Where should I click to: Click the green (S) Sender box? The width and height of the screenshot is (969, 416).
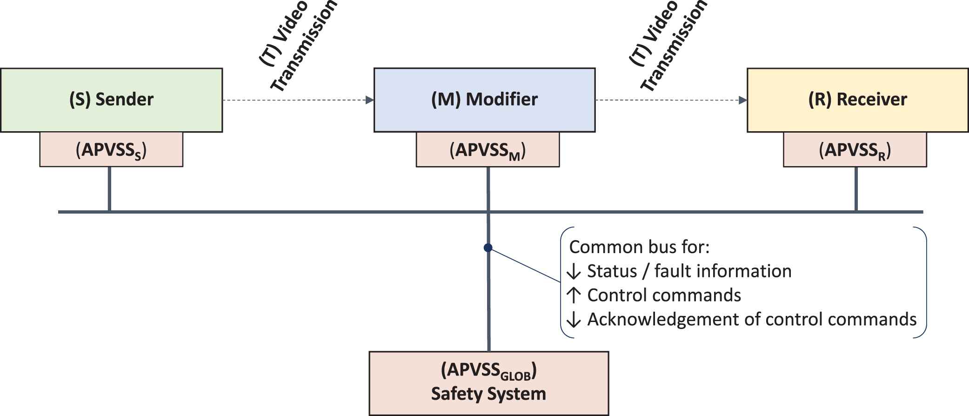(111, 100)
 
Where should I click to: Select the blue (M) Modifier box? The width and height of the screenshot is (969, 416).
(484, 100)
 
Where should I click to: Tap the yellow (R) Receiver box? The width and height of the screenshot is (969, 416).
(857, 100)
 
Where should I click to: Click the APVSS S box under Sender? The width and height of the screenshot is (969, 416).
(111, 150)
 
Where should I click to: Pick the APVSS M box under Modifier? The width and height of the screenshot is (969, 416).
(488, 150)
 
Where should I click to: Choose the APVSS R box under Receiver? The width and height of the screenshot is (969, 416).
(855, 150)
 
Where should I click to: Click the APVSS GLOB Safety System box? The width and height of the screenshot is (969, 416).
(488, 383)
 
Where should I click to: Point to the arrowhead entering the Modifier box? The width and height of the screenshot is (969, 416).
(370, 100)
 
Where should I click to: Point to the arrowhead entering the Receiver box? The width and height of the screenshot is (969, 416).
(743, 100)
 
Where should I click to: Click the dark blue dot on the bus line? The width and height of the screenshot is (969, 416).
(488, 248)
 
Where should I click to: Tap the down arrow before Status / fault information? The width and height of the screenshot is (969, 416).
(574, 272)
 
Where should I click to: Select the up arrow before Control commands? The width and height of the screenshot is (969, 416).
(574, 295)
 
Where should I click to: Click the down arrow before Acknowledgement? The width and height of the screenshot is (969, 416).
(574, 320)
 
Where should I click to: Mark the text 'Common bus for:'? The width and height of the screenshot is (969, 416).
(639, 247)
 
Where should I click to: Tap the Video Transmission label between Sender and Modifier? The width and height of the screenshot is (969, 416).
(298, 47)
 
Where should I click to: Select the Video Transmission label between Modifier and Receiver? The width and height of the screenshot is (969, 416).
(668, 47)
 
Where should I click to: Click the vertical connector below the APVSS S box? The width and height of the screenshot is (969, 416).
(109, 188)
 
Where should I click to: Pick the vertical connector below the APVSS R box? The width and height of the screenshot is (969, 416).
(856, 188)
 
